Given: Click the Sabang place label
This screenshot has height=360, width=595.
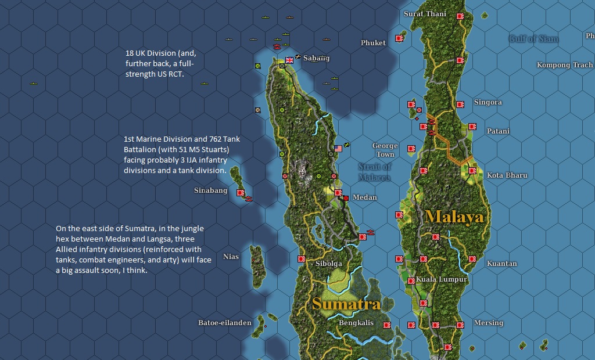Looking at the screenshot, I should pyautogui.click(x=316, y=58).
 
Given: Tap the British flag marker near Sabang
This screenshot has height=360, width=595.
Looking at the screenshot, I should pyautogui.click(x=289, y=59).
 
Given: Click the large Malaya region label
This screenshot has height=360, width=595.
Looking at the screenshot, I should pyautogui.click(x=454, y=217).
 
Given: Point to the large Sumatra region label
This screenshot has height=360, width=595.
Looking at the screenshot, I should pyautogui.click(x=346, y=304).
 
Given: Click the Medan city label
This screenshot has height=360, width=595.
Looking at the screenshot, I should pyautogui.click(x=365, y=197).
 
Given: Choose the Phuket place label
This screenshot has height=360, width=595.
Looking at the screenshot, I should pyautogui.click(x=373, y=43).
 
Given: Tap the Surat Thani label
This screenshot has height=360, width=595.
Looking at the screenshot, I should pyautogui.click(x=425, y=14).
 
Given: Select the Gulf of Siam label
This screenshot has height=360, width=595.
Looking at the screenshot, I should pyautogui.click(x=533, y=39).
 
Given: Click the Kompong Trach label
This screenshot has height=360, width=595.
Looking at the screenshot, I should pyautogui.click(x=565, y=65).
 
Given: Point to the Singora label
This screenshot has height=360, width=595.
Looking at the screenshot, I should pyautogui.click(x=488, y=102).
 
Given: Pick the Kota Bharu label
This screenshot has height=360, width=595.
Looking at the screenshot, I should pyautogui.click(x=507, y=175).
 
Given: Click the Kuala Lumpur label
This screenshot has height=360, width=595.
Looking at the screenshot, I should pyautogui.click(x=442, y=280).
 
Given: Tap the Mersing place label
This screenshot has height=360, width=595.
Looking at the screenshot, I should pyautogui.click(x=489, y=323).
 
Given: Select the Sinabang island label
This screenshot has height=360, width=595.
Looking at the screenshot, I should pyautogui.click(x=210, y=190).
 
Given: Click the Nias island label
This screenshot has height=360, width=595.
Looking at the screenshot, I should pyautogui.click(x=231, y=257).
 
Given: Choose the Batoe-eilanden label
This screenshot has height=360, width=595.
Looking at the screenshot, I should pyautogui.click(x=225, y=323).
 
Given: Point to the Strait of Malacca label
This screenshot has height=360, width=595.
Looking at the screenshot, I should pyautogui.click(x=374, y=172).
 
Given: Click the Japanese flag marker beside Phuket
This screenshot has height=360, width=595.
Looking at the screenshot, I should pyautogui.click(x=399, y=38).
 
